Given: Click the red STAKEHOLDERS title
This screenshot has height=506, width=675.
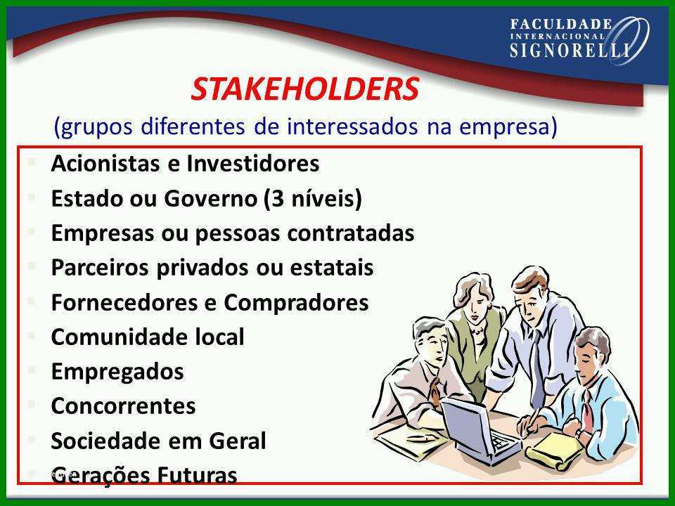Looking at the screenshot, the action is point(304,89).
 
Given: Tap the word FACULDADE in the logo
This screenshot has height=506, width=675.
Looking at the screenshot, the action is point(561,25).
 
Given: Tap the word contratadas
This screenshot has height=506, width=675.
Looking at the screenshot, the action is point(351,233).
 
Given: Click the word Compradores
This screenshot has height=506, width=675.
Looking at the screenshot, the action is point(296,303).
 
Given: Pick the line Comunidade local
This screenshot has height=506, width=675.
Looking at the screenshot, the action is point(148,337).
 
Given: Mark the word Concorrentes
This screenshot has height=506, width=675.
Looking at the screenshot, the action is point(124,406).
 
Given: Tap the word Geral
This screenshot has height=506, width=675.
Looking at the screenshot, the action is point(238,441).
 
